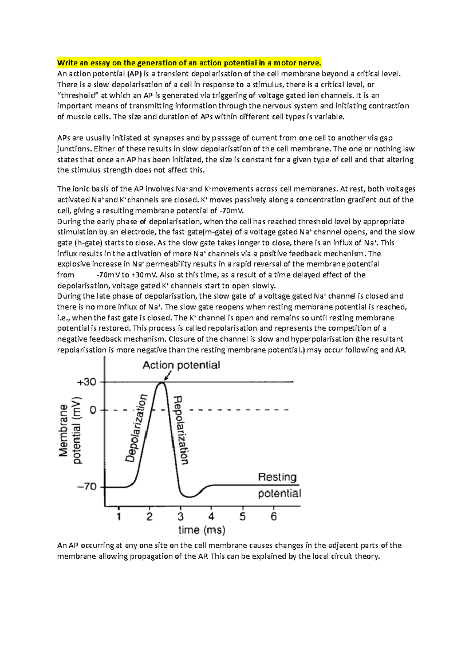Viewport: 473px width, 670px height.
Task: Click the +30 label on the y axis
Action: click(86, 382)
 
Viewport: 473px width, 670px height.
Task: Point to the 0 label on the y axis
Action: click(93, 410)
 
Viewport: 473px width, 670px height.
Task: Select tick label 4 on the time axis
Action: click(212, 517)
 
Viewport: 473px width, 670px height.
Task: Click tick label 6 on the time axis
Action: click(274, 517)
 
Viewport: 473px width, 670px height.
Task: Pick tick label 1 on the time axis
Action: click(119, 517)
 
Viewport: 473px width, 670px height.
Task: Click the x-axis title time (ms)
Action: click(202, 530)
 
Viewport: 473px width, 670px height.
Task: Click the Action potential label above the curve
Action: click(181, 365)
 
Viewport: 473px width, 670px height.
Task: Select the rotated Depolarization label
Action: click(136, 428)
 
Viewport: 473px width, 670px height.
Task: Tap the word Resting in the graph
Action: click(277, 477)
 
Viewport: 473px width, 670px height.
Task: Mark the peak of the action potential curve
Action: click(161, 382)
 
